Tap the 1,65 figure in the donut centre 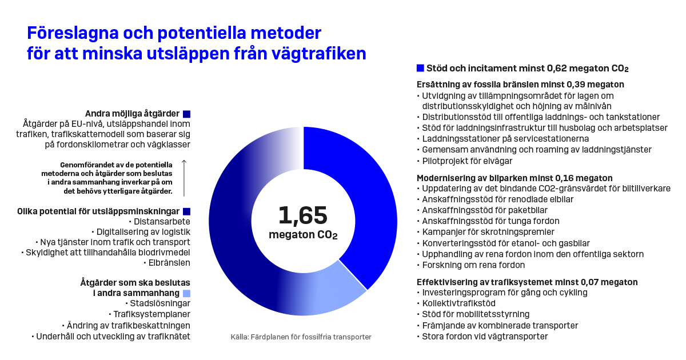click(303, 215)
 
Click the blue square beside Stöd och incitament click(420, 68)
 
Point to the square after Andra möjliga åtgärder click(186, 114)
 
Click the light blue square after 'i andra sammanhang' click(186, 293)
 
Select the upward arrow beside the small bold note click(184, 177)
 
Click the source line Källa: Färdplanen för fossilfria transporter click(301, 337)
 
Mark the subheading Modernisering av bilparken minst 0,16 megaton click(514, 178)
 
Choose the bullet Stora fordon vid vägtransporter click(485, 337)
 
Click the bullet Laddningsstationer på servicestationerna click(505, 138)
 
